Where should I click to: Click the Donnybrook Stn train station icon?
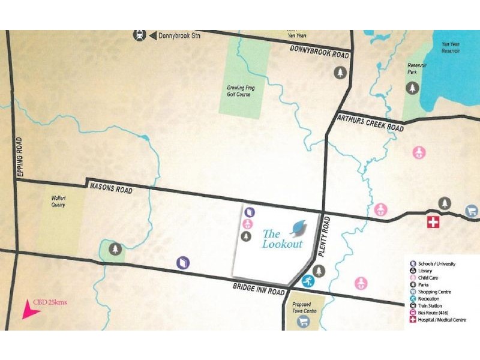139,35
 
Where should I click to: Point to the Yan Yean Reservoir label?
451,47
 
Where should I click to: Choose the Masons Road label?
110,188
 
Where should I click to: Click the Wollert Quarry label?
58,202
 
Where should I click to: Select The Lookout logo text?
282,239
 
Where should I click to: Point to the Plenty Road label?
327,235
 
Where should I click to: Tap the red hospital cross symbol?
432,223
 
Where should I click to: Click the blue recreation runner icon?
307,280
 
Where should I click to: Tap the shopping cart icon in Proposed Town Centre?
304,322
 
